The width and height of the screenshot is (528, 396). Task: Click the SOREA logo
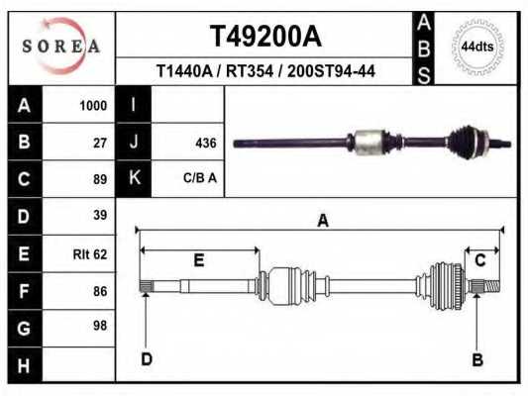tap(62, 47)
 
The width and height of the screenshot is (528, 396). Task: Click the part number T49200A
tap(265, 37)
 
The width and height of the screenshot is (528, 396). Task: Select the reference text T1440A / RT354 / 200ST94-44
tap(265, 71)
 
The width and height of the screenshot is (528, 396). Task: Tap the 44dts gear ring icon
tap(478, 48)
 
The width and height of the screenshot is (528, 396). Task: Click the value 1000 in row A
tap(94, 105)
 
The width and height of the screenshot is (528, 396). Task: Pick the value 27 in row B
tap(100, 142)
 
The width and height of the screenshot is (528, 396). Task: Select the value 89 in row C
tap(100, 179)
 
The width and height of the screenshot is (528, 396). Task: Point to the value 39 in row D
tap(100, 216)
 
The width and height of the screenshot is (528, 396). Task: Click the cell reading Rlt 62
tap(90, 253)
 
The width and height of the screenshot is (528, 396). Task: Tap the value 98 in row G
tap(100, 325)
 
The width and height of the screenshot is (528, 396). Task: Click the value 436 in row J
tap(206, 143)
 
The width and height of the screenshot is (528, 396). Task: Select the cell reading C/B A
tap(200, 179)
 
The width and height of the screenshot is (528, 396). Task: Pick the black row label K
tap(134, 179)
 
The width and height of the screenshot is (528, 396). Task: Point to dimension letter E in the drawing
tap(198, 260)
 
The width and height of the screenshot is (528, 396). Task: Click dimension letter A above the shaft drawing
tap(322, 221)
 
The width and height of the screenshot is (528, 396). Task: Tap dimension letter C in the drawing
tap(480, 260)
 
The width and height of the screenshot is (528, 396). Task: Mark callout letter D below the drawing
tap(146, 358)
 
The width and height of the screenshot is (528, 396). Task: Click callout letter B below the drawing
tap(477, 358)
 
